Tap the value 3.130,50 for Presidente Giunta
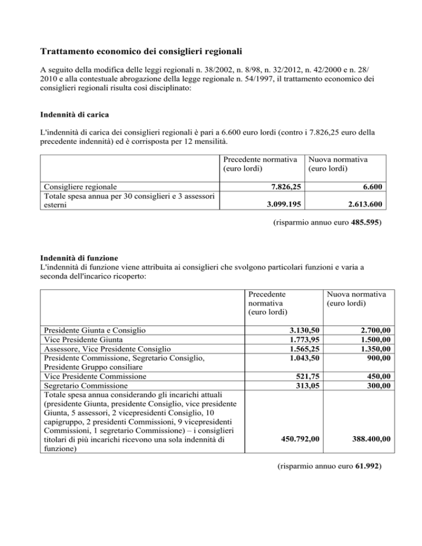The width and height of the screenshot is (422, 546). click(x=304, y=330)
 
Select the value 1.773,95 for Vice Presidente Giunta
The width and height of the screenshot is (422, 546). click(x=304, y=339)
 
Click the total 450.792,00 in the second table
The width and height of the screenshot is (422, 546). click(x=300, y=439)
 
